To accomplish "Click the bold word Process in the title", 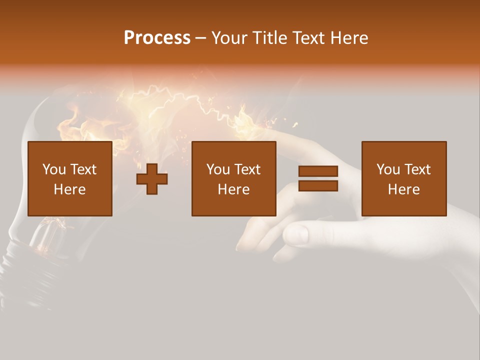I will (157, 38).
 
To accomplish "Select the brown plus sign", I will (152, 179).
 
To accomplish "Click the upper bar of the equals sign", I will (318, 171).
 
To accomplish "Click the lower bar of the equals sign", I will (318, 186).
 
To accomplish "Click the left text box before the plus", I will (69, 178).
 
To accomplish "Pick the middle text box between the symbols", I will (233, 178).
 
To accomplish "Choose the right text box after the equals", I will (403, 178).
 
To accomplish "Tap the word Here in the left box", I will (69, 189).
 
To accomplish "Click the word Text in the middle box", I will (247, 169).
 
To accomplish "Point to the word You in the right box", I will (388, 169).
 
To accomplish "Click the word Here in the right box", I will (403, 189).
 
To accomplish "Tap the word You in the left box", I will (54, 169).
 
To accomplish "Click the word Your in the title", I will (230, 38).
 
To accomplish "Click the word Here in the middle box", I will (233, 189).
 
